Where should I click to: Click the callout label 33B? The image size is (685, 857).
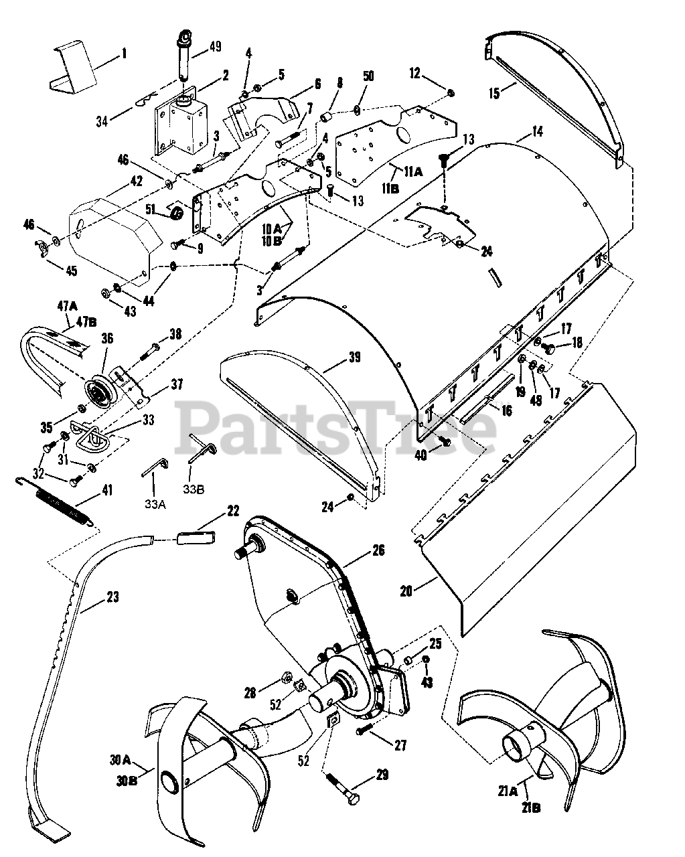194,489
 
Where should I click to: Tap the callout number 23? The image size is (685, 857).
112,597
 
